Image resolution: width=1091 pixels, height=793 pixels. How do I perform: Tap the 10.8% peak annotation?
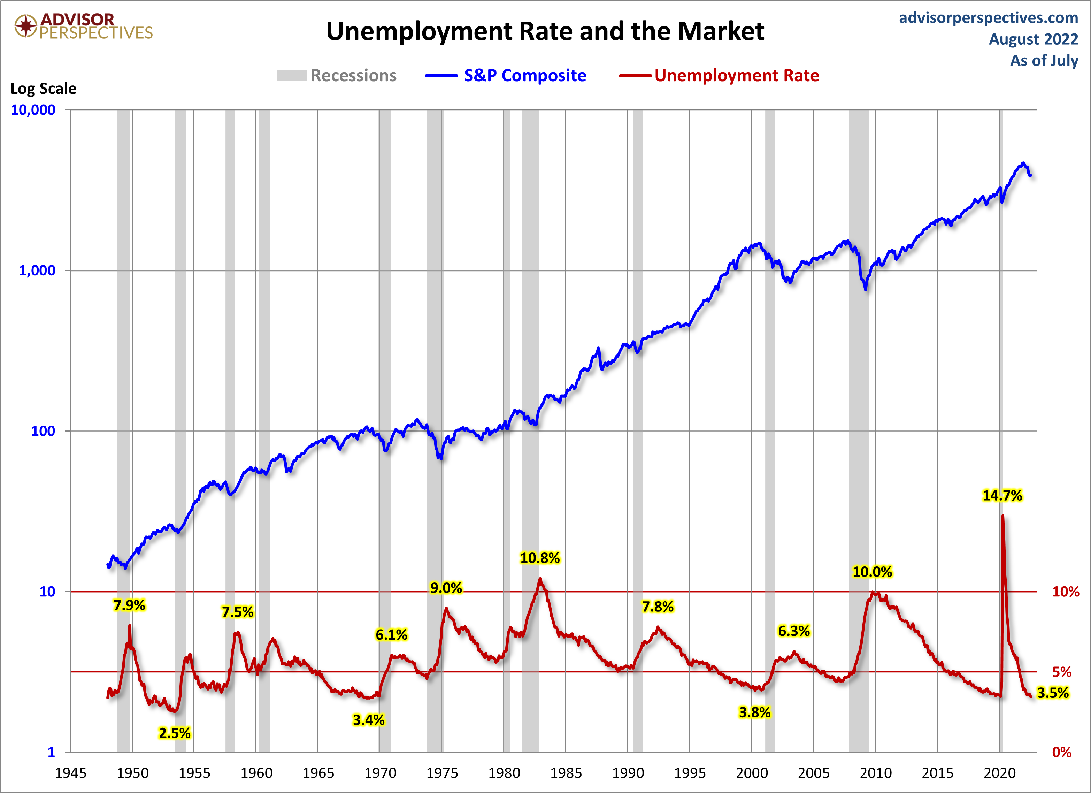(x=540, y=558)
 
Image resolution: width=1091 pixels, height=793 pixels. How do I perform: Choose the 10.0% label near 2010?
(x=872, y=572)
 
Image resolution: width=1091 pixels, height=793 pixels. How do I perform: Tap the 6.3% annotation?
(x=794, y=631)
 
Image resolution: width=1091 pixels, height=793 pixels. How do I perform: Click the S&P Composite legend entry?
(x=525, y=76)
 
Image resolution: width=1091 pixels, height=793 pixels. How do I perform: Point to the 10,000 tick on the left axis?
(x=33, y=110)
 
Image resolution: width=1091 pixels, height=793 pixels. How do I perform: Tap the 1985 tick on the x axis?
(x=566, y=773)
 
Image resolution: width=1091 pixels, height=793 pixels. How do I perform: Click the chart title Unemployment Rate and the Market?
(x=545, y=31)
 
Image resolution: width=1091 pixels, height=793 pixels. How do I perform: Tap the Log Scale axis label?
(x=43, y=89)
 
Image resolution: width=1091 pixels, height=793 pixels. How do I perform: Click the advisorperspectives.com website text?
(x=989, y=18)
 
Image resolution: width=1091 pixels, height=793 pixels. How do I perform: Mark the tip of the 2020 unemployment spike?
(x=1002, y=516)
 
